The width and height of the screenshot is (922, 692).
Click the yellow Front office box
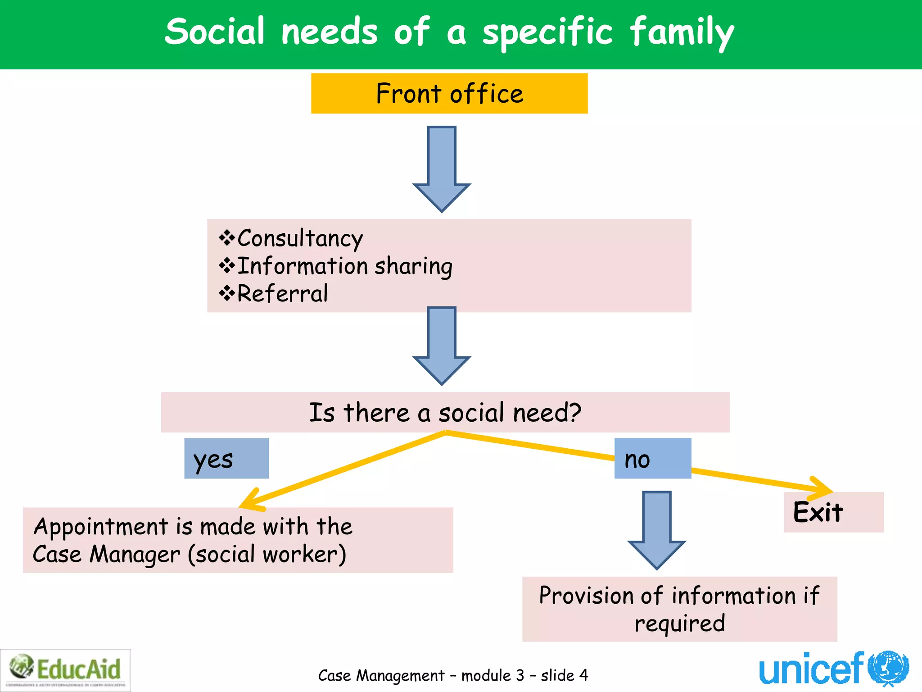coord(449,93)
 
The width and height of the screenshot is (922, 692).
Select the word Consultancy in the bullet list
coord(299,238)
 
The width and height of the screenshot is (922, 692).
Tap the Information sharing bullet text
coord(344,266)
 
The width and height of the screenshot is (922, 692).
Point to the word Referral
coord(282,294)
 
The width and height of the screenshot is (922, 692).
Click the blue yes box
coord(226,459)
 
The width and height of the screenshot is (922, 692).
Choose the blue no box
coord(652,459)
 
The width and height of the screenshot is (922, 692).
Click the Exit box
coord(833,512)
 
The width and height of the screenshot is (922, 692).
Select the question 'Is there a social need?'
coord(445,412)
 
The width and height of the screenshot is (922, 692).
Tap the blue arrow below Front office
coord(442,169)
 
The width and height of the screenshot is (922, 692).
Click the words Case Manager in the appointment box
coord(106,554)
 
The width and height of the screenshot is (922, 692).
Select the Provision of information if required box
coord(679,609)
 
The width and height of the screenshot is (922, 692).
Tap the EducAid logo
coord(66,669)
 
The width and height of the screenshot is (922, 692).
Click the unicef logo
coord(833,669)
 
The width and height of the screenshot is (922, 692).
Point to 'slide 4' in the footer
coord(564,675)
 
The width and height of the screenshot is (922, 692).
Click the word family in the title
coord(682,32)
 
